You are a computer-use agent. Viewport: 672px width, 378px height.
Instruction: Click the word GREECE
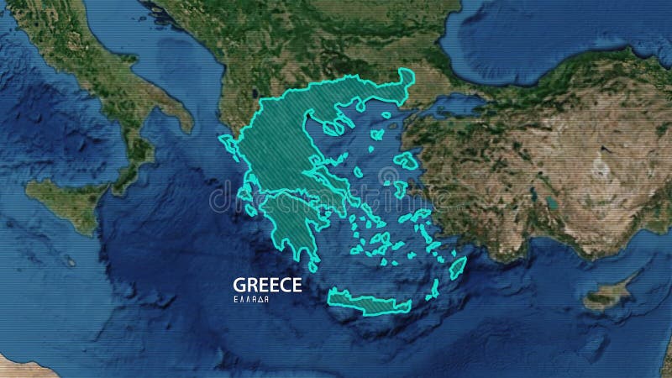pos(267,284)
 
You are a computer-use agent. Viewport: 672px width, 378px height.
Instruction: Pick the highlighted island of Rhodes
pos(457,268)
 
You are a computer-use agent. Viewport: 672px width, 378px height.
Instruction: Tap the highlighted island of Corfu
pos(225,143)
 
